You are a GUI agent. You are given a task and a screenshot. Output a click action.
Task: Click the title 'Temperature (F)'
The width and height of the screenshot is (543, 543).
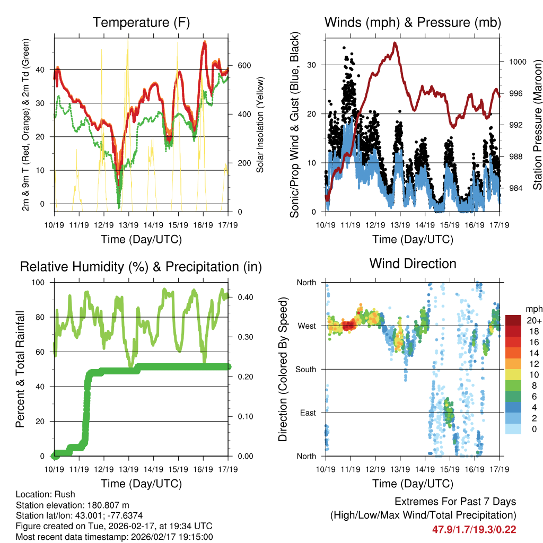point(141,23)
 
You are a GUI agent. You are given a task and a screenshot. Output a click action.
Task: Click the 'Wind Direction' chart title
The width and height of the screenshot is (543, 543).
point(413,264)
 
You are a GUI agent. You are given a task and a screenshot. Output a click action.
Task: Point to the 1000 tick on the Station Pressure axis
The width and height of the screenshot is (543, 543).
point(517,62)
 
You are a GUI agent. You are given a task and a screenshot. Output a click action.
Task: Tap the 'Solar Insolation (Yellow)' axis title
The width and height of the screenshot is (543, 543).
point(260,125)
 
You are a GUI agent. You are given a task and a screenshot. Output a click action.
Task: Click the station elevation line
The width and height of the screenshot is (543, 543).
point(73,505)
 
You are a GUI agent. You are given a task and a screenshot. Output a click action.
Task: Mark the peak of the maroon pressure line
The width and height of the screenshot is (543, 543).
point(395,43)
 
